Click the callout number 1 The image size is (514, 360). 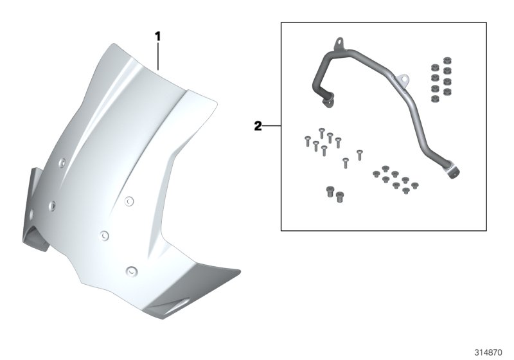157,37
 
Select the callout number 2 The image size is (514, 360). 257,126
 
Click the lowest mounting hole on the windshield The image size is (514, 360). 130,269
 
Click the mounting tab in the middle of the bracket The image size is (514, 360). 402,80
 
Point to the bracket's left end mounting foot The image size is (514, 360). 326,98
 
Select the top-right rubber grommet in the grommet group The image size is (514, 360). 447,66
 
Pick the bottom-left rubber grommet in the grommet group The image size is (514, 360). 433,98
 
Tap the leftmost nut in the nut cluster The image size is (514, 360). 375,174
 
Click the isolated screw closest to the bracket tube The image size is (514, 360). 359,153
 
